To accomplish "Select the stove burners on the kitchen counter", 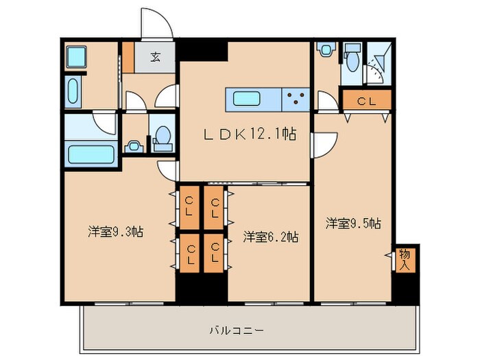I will pos(296,99).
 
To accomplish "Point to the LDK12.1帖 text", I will pos(250,135).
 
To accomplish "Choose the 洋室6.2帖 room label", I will pos(270,237).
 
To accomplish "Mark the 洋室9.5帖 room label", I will pos(353,223).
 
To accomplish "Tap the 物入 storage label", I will pos(405,259).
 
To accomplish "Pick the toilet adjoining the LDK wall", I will pos(164,136).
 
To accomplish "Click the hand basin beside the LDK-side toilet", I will pos(134,145).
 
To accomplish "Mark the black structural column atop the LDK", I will pos(203,51).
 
